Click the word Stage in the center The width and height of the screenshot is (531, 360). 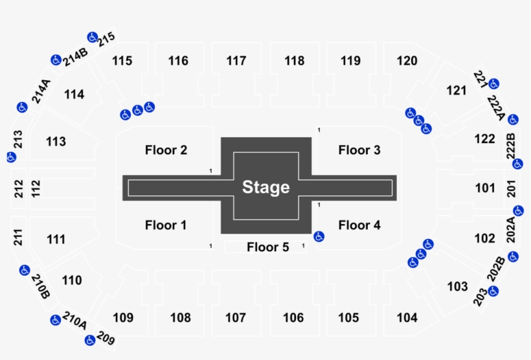265,188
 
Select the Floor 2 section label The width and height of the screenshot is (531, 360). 166,150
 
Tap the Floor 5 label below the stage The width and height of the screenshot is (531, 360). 267,247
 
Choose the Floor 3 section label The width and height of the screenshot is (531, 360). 359,150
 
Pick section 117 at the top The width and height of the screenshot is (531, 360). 236,61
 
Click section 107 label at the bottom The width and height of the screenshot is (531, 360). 236,318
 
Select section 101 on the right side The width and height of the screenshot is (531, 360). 484,188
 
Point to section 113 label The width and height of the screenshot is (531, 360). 56,141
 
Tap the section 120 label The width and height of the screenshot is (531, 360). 407,61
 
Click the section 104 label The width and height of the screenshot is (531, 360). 407,318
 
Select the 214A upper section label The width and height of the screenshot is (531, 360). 41,91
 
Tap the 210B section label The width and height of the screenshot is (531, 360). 40,287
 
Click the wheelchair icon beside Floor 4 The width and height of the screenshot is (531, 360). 319,236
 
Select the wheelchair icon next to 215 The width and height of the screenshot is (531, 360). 92,37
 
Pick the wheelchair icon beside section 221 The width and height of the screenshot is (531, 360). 494,84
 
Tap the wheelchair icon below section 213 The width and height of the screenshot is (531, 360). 11,157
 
